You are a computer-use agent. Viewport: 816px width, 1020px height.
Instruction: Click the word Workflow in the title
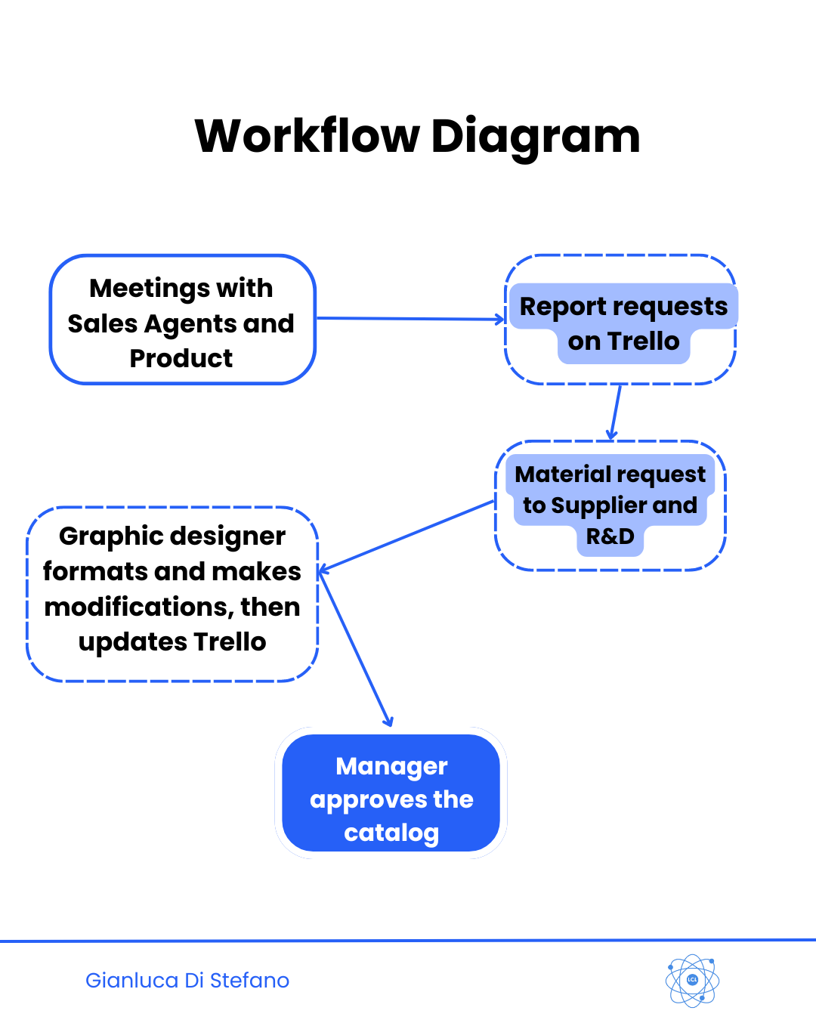tap(307, 137)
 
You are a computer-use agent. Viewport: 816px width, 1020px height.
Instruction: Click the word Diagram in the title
tap(535, 137)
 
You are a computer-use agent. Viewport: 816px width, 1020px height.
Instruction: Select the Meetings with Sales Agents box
tap(182, 320)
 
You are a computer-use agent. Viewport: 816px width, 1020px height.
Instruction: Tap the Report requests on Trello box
tap(620, 320)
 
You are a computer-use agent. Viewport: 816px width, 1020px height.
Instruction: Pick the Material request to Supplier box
tap(610, 505)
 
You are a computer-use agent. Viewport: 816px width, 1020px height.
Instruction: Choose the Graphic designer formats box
tap(172, 594)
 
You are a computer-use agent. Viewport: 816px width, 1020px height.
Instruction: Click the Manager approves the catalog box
tap(391, 793)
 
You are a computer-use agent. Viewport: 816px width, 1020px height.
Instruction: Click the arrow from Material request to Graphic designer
tap(408, 535)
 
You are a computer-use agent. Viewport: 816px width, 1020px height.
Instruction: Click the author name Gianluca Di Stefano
tap(187, 980)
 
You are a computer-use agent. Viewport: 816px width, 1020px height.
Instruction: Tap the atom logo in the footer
tap(692, 980)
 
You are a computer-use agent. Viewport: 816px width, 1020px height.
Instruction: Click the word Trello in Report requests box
tap(644, 342)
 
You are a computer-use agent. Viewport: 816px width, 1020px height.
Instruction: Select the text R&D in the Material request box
tap(610, 536)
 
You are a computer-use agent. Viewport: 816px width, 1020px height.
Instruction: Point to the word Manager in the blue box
tap(391, 766)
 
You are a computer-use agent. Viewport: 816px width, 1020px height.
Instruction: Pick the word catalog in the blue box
tap(391, 833)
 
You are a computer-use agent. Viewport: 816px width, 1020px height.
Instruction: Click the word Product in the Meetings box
tap(181, 358)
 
